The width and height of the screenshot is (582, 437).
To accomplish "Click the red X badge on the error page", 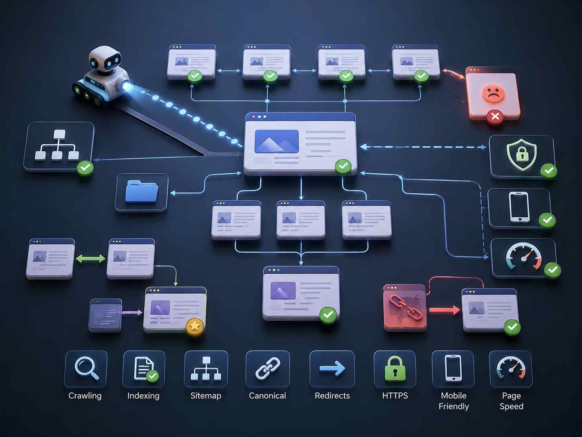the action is (x=495, y=117).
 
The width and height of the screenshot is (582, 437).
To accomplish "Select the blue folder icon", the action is (x=141, y=192).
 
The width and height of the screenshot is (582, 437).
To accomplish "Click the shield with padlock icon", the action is (x=522, y=155).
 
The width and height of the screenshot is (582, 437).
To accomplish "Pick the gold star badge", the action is (x=195, y=326).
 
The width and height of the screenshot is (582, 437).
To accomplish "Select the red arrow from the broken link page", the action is (x=445, y=310).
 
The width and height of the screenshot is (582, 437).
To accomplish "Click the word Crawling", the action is (x=85, y=396).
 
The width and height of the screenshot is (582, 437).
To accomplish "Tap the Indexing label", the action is (x=143, y=396).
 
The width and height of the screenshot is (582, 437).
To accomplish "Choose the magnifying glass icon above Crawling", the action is (x=86, y=368).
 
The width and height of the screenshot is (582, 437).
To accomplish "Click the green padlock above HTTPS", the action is (x=395, y=369).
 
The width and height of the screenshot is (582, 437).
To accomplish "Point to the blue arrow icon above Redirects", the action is (x=332, y=368).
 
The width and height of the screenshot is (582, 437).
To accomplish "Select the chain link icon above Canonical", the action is (x=268, y=368).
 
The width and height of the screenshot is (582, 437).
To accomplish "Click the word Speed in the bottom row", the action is (x=512, y=406).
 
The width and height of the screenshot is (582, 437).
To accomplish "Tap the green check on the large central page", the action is (x=343, y=166).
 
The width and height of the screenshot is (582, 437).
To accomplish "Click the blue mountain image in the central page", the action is (x=277, y=141).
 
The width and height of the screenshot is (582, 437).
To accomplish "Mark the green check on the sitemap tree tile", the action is (x=85, y=168).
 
